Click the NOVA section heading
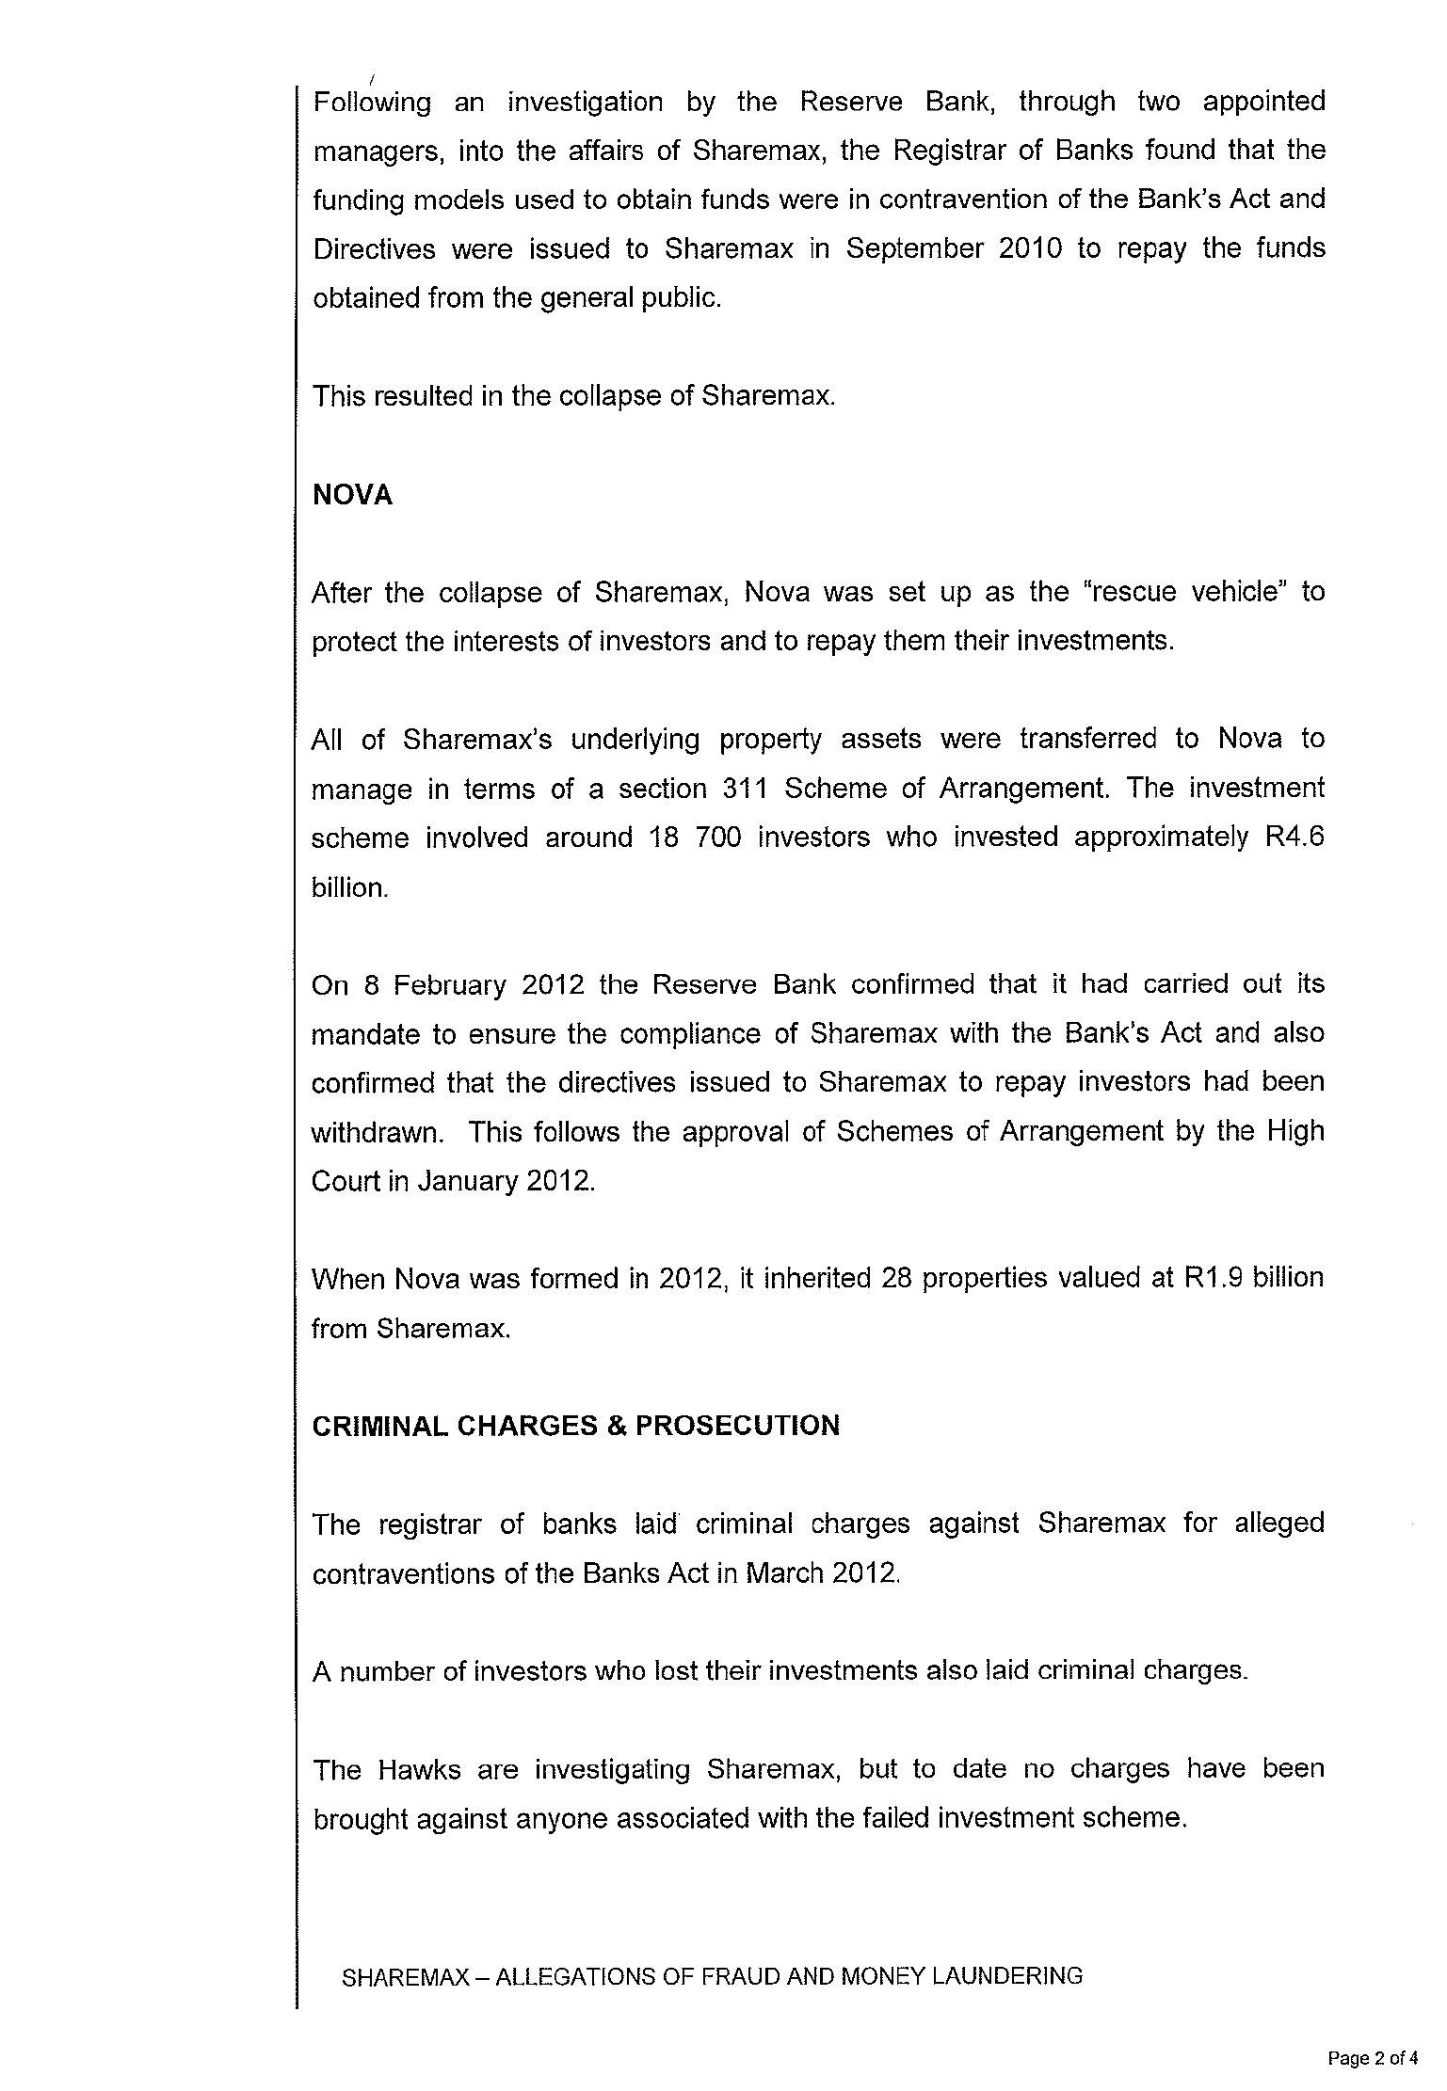pyautogui.click(x=352, y=495)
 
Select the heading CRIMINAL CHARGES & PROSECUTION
pyautogui.click(x=575, y=1426)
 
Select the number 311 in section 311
pyautogui.click(x=748, y=788)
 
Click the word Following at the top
pyautogui.click(x=372, y=102)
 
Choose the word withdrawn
pyautogui.click(x=377, y=1132)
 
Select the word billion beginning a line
pyautogui.click(x=349, y=886)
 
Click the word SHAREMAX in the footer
pyautogui.click(x=405, y=1977)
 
